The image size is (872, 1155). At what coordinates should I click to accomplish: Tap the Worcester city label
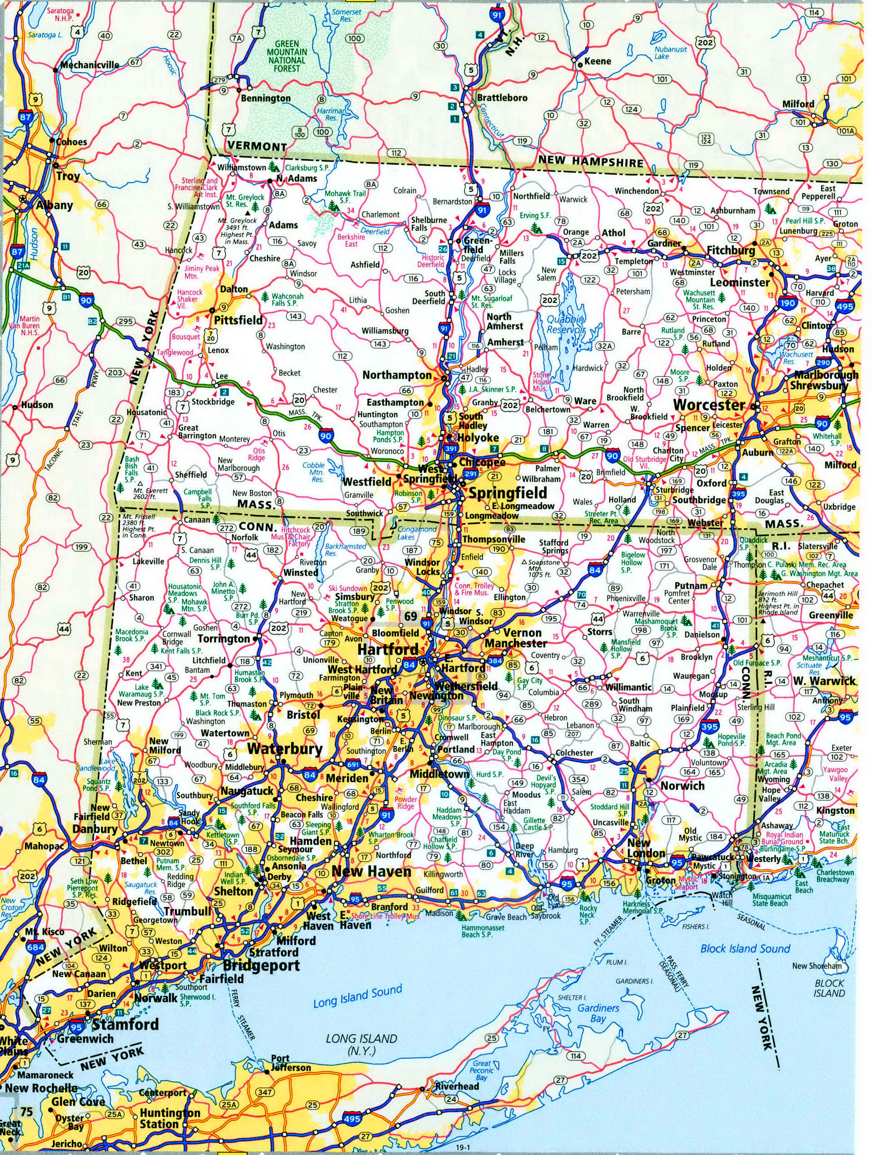coord(716,405)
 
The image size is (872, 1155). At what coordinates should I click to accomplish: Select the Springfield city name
coord(507,492)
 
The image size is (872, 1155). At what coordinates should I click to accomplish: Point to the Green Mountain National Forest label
coord(287,56)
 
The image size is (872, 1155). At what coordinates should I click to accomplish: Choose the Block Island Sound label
coord(745,948)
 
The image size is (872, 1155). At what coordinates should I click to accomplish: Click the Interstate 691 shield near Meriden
coord(353,765)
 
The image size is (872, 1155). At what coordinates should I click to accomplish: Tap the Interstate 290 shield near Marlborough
coord(823,362)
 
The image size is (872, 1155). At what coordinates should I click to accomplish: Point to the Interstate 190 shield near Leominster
coord(787,303)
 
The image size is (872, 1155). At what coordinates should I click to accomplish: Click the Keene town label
coord(597,61)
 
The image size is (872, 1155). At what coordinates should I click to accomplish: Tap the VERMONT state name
coord(256,146)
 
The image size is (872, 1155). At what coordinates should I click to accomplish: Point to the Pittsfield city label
coord(239,320)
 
